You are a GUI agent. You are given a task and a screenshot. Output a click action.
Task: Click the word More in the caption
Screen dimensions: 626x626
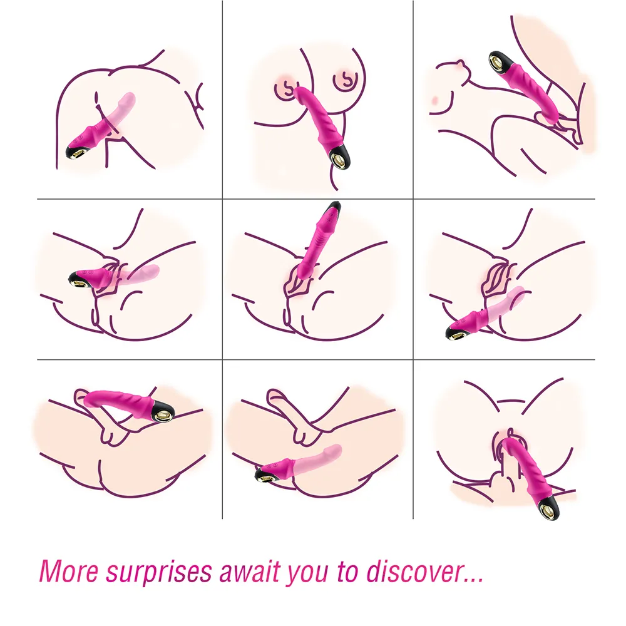(x=69, y=572)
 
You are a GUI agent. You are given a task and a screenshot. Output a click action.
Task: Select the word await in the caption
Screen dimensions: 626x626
(x=250, y=572)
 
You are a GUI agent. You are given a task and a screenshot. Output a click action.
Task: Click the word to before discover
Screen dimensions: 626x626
(x=348, y=572)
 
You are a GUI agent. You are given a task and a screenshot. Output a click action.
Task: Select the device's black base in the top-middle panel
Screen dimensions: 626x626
(x=340, y=156)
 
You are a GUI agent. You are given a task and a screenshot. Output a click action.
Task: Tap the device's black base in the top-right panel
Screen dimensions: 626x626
(x=500, y=63)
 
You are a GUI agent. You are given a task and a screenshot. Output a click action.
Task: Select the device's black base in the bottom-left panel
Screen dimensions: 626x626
(x=163, y=412)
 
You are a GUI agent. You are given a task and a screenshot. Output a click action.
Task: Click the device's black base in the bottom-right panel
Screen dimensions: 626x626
(x=548, y=508)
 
